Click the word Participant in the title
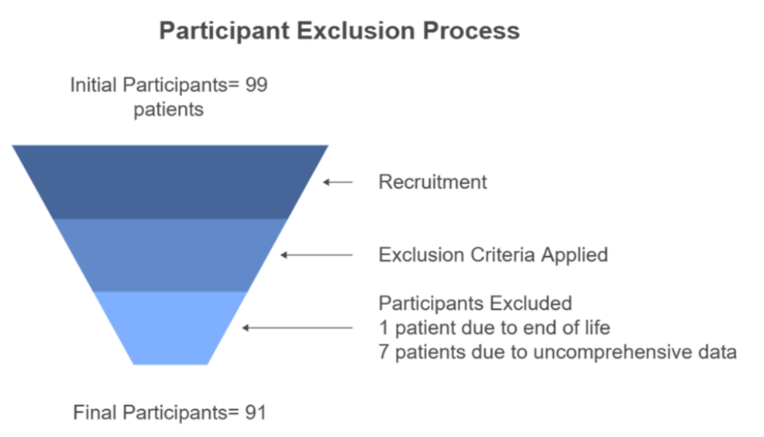(x=224, y=31)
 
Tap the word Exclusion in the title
(x=356, y=30)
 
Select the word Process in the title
(x=471, y=30)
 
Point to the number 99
(x=256, y=85)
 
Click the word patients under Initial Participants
(x=169, y=109)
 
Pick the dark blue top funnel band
(x=170, y=182)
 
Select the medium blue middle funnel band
(x=170, y=255)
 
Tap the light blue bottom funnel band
(x=170, y=328)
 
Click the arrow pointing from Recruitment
(x=338, y=182)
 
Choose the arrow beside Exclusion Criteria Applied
(x=317, y=255)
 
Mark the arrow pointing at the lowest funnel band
(x=298, y=328)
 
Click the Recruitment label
(x=432, y=182)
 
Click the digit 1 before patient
(x=384, y=328)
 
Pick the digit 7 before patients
(x=384, y=352)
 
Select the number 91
(x=256, y=413)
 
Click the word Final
(x=95, y=413)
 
